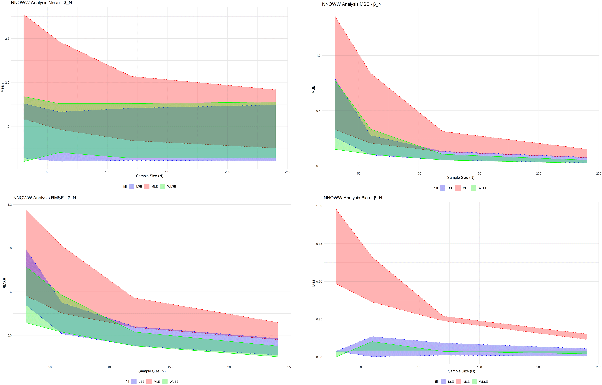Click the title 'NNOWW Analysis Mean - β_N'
pyautogui.click(x=41, y=3)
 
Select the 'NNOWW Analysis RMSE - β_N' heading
pyautogui.click(x=45, y=198)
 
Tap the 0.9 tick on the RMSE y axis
pyautogui.click(x=10, y=248)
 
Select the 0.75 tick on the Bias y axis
pyautogui.click(x=319, y=244)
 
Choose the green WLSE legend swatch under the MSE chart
pyautogui.click(x=473, y=188)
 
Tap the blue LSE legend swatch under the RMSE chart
pyautogui.click(x=134, y=382)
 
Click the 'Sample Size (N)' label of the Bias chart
pyautogui.click(x=461, y=371)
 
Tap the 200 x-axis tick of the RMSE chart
pyautogui.click(x=230, y=367)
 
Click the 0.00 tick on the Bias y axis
pyautogui.click(x=319, y=357)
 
